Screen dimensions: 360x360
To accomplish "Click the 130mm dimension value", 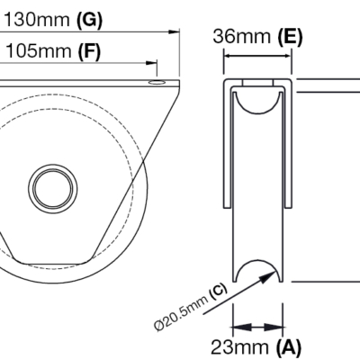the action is tap(37, 20).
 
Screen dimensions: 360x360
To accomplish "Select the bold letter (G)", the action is tap(89, 21).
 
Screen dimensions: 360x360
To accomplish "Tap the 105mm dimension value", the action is tap(38, 51).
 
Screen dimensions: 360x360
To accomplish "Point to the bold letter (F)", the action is tap(89, 51).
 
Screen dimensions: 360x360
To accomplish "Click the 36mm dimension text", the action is tap(242, 37).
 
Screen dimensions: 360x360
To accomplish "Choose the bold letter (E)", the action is tap(290, 37).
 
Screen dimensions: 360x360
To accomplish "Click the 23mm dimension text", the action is tap(239, 347).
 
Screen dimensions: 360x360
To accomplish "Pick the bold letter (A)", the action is tap(288, 347).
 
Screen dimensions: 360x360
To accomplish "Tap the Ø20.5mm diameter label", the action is tap(181, 313).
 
